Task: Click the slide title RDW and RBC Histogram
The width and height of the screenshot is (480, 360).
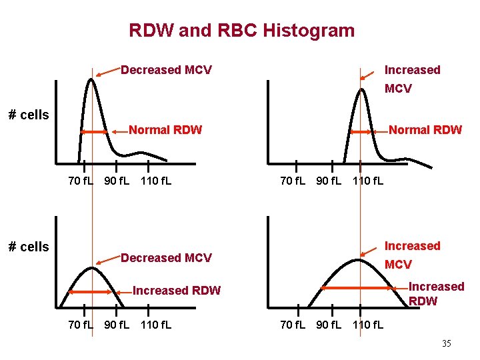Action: click(x=241, y=31)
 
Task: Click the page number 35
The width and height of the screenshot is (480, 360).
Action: click(x=446, y=343)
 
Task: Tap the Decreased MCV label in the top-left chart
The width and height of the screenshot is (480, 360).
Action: click(x=166, y=70)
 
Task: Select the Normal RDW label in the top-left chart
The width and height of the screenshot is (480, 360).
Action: click(x=165, y=130)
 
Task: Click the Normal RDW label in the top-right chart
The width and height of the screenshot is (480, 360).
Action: click(x=425, y=130)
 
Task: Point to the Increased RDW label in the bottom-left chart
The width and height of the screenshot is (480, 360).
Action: click(x=177, y=290)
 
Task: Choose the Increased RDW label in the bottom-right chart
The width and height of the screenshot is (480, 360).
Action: click(x=436, y=293)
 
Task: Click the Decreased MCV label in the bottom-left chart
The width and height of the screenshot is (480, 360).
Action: click(x=166, y=258)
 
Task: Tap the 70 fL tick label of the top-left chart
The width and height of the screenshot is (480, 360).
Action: click(x=81, y=180)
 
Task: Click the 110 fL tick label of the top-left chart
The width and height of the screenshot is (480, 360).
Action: click(x=155, y=180)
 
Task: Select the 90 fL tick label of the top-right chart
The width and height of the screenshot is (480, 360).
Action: click(x=329, y=180)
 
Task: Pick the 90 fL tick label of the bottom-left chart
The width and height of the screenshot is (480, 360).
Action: click(x=117, y=325)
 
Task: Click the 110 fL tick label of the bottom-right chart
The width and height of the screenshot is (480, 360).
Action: click(x=368, y=325)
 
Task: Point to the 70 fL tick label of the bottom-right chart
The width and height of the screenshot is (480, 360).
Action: click(x=293, y=325)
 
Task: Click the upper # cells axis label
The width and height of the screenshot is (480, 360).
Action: click(x=29, y=115)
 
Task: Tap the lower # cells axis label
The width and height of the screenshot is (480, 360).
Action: click(x=29, y=247)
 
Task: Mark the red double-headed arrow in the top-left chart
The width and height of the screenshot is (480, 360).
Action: click(x=94, y=132)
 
